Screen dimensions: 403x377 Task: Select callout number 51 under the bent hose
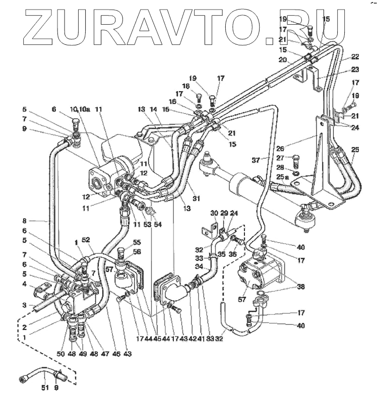(44, 387)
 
